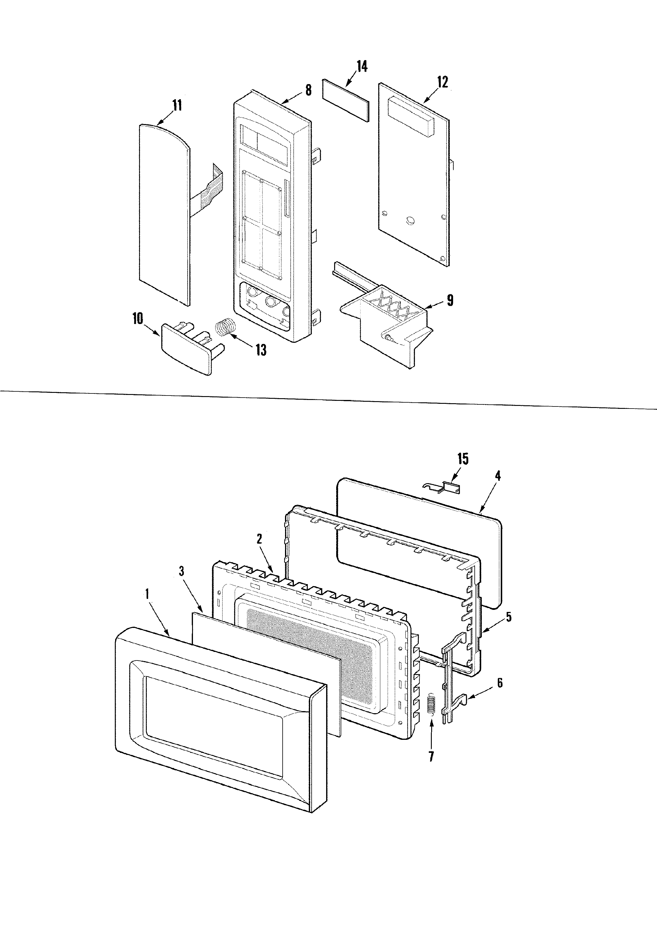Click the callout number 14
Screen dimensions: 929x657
point(362,66)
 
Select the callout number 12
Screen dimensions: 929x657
point(442,82)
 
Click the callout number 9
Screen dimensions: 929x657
point(450,300)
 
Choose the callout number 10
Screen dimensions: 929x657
point(138,319)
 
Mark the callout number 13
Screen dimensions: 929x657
point(261,350)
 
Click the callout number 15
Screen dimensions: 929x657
point(463,459)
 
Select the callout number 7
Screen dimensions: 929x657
point(431,756)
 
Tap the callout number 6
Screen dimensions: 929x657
point(500,683)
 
